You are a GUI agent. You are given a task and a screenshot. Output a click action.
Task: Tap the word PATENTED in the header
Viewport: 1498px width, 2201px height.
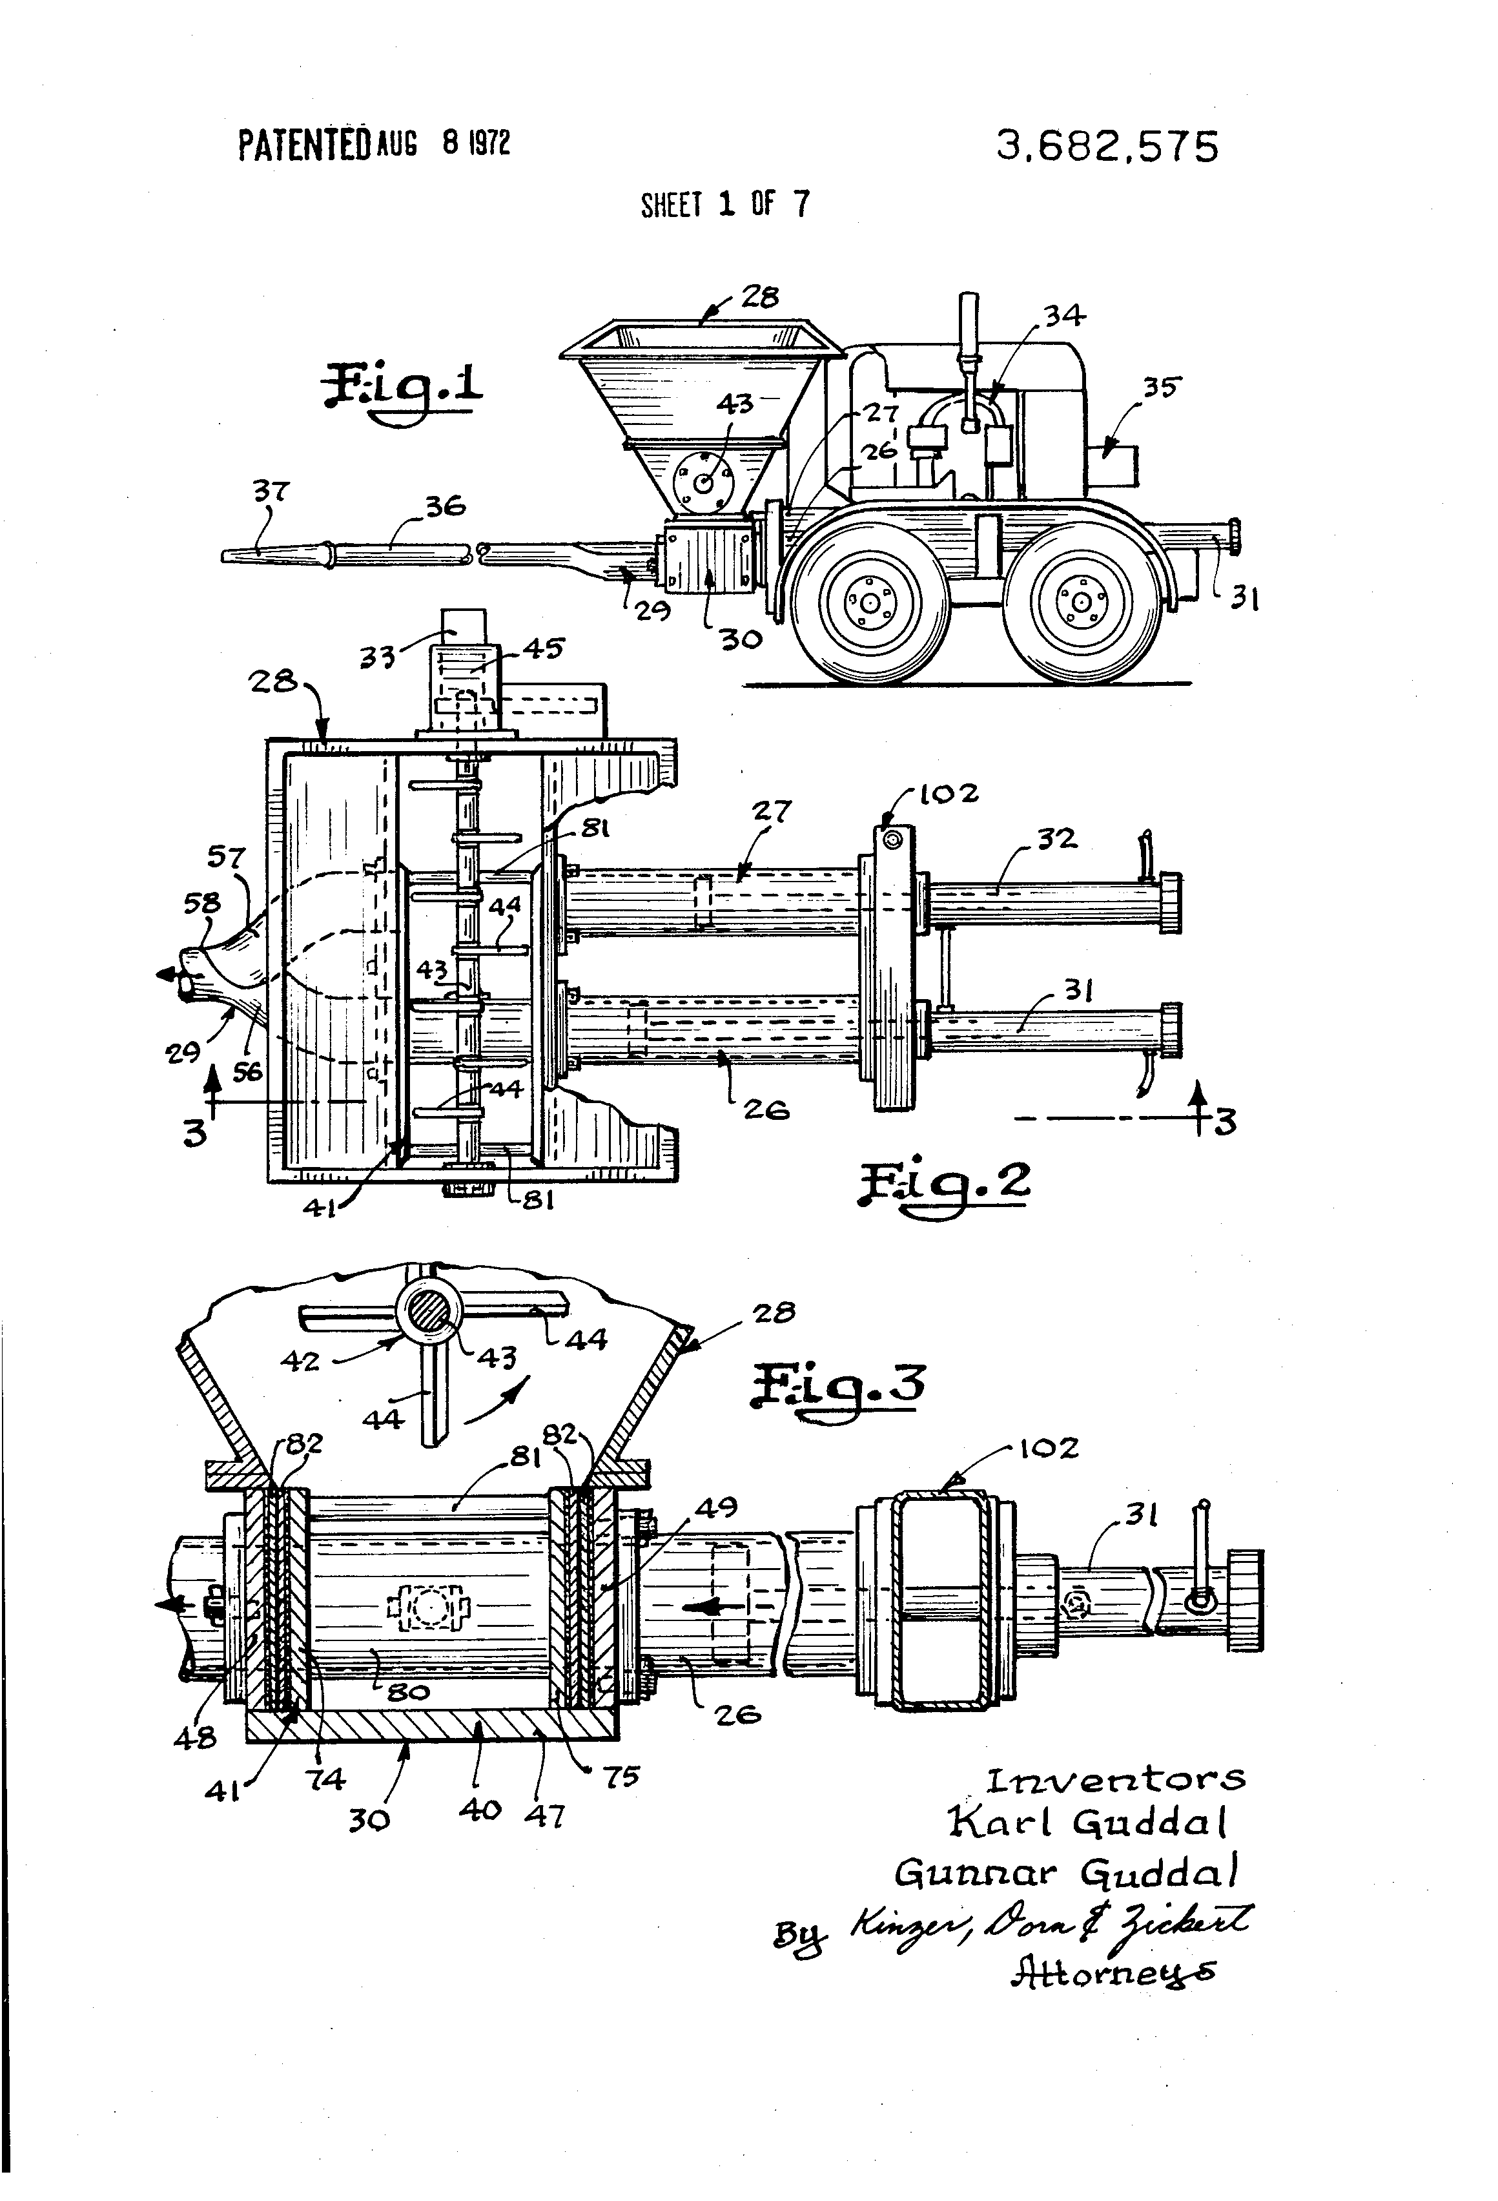(303, 146)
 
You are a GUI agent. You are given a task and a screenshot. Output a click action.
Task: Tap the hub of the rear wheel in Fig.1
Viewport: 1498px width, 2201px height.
(1080, 601)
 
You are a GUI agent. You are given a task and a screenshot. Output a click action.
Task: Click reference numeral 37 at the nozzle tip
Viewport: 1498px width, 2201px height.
(271, 491)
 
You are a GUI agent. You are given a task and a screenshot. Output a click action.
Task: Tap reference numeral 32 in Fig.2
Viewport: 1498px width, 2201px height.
(1055, 839)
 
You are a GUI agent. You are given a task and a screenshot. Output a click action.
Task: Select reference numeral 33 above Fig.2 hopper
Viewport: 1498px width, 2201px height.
(378, 656)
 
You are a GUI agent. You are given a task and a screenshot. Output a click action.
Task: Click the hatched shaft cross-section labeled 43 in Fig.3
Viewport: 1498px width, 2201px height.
(431, 1316)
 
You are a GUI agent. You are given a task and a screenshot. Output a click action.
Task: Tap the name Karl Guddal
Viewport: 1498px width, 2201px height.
(1089, 1821)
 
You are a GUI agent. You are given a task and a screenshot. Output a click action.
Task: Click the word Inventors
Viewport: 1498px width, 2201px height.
(1116, 1781)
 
